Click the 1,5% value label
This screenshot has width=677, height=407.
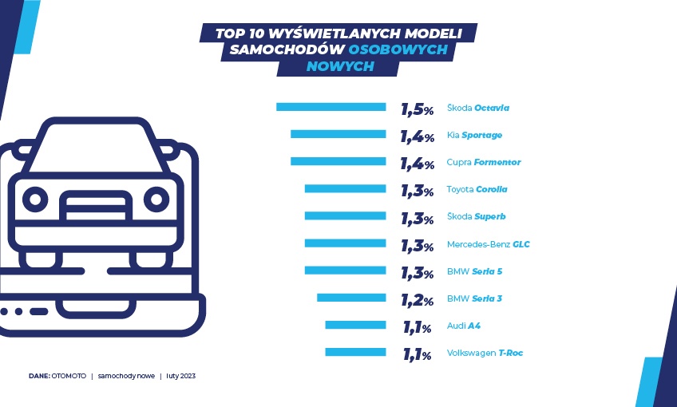[x=417, y=109]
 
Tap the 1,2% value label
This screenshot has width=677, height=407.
[x=417, y=300]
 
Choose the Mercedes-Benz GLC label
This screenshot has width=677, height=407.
[x=488, y=244]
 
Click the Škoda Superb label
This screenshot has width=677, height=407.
[x=476, y=216]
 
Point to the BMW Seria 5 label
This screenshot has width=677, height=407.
[x=474, y=271]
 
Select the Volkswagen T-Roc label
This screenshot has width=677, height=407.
[x=485, y=353]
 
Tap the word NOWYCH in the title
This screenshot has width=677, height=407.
[x=340, y=67]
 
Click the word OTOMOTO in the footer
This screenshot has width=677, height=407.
[x=69, y=375]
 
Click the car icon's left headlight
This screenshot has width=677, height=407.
[x=35, y=197]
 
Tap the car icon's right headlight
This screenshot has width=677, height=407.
[x=156, y=197]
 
